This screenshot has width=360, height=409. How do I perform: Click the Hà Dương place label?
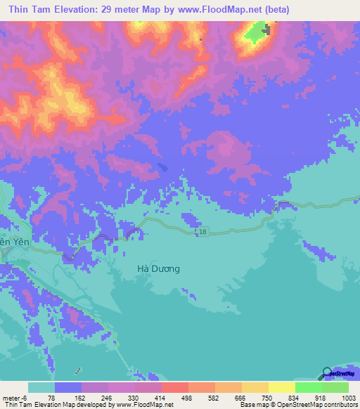coord(158,268)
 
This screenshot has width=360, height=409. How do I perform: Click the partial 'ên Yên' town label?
coord(13,242)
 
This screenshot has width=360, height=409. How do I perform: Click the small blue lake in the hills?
coord(163,167)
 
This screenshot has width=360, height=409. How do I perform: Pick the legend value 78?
coord(51,397)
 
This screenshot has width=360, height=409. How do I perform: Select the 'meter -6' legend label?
coord(15,397)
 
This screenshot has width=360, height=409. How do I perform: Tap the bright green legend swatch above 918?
coord(308,387)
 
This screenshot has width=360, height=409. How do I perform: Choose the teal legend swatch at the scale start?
coord(41,387)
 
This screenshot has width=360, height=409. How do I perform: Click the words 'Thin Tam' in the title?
coord(30,11)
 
